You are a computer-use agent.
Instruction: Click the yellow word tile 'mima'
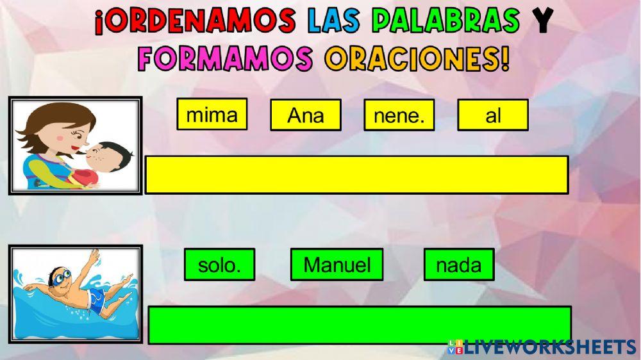click(x=212, y=115)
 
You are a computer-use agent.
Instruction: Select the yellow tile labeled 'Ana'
click(x=306, y=115)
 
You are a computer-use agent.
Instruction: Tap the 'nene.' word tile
click(x=399, y=115)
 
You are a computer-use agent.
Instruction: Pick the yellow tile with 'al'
click(x=493, y=115)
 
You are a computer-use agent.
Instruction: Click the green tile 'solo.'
click(x=219, y=265)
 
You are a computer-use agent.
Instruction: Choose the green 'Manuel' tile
click(x=337, y=265)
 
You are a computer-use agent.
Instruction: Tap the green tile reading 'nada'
click(x=459, y=265)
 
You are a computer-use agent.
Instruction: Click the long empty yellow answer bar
click(x=356, y=174)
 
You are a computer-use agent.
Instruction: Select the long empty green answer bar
click(x=360, y=325)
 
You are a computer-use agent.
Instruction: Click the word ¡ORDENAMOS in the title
click(x=196, y=22)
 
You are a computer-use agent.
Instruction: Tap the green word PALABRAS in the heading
click(x=446, y=22)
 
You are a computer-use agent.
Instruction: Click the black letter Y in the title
click(x=542, y=22)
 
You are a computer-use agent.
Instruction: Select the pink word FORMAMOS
click(x=225, y=59)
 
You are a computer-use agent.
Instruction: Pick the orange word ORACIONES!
click(x=417, y=59)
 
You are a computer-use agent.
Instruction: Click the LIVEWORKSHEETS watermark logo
click(x=542, y=347)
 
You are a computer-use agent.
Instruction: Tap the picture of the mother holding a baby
click(x=75, y=145)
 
